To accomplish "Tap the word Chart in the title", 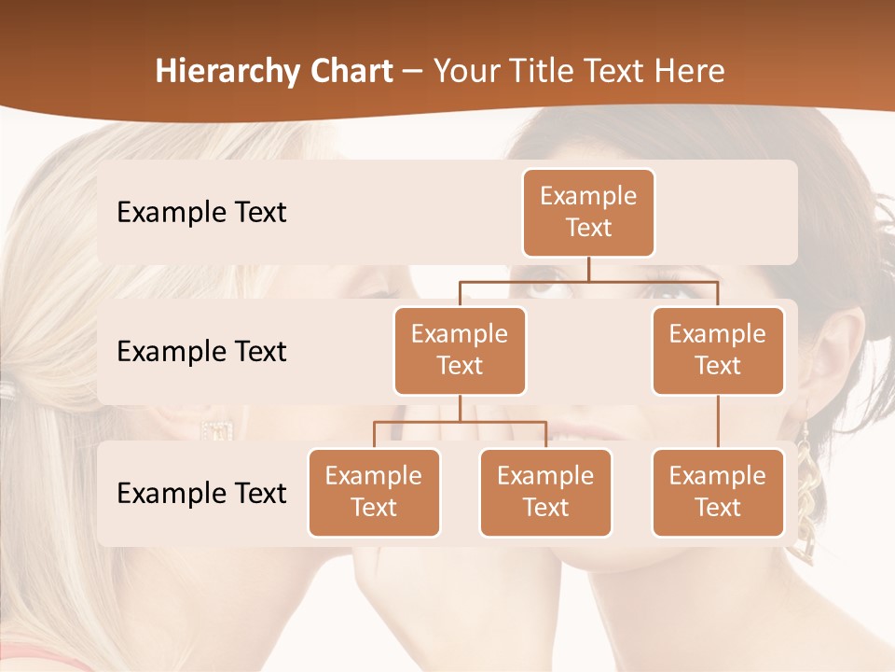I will [350, 72].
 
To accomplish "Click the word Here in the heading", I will [690, 72].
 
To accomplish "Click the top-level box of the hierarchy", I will [588, 213].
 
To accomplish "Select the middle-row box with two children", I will [460, 351].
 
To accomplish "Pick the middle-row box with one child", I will [718, 351].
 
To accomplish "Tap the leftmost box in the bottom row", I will [374, 493].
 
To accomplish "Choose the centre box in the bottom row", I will [545, 493].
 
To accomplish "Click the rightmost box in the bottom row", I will [718, 493].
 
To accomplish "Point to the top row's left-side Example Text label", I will [201, 213].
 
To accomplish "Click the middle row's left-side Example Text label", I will [201, 352].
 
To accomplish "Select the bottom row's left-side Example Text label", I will [201, 494].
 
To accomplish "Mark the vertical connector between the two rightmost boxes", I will [718, 422].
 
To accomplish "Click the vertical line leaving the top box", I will [588, 269].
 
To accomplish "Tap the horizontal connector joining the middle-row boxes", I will [588, 281].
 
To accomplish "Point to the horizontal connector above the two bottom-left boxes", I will [460, 422].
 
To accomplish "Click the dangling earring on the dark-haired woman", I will [805, 504].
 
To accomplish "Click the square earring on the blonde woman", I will [216, 430].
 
